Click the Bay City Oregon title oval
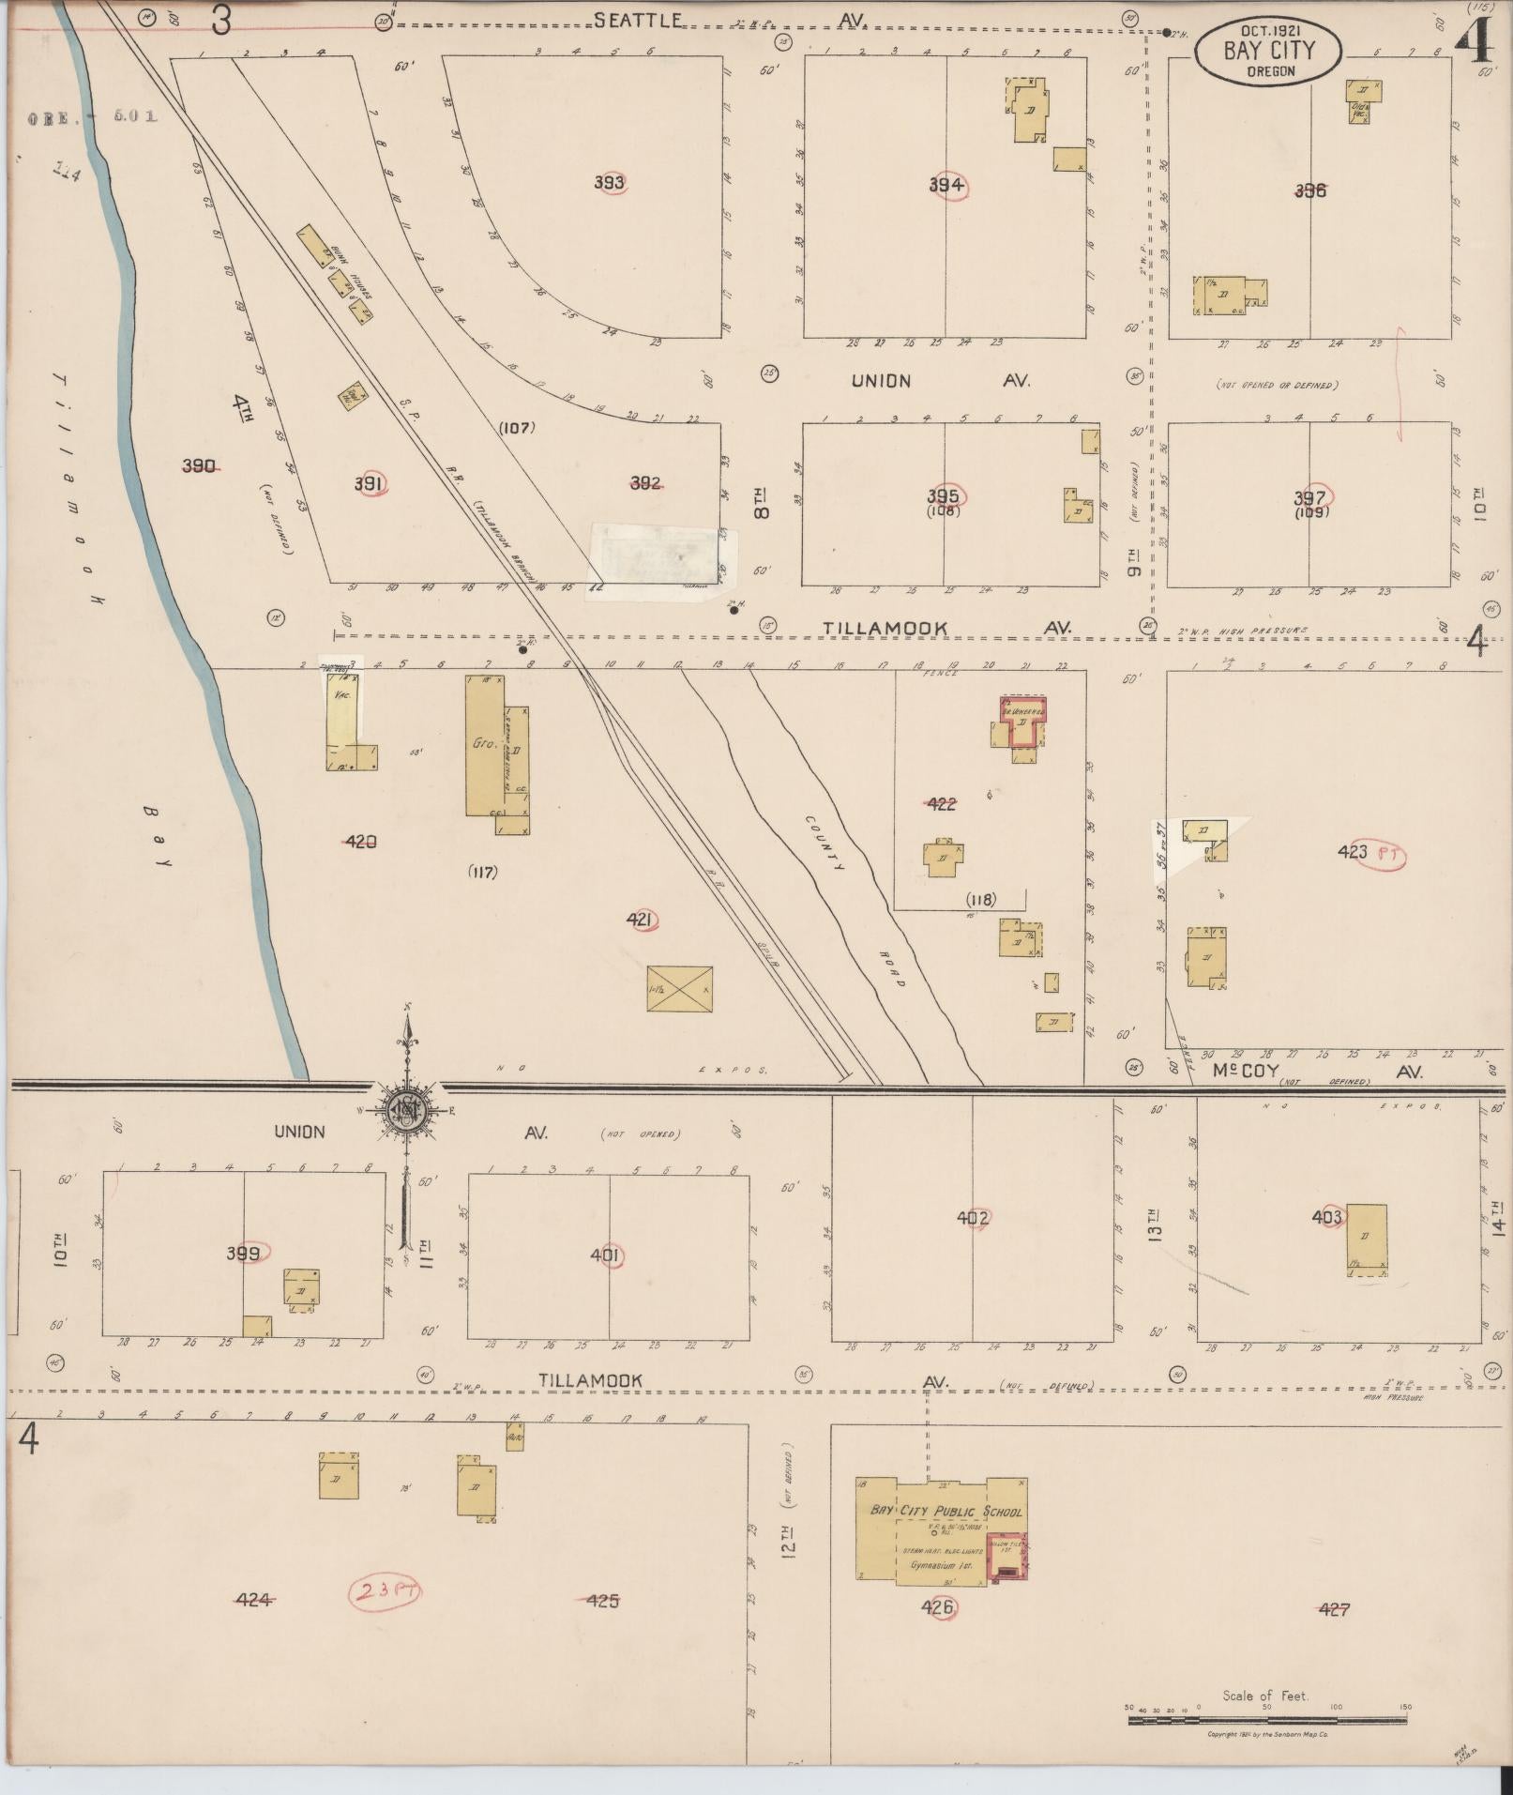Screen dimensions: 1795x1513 click(x=1268, y=52)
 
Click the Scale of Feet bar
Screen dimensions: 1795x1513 click(x=1266, y=1720)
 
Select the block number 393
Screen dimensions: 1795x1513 click(x=609, y=182)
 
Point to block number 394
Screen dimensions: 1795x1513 click(x=946, y=185)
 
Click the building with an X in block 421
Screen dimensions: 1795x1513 click(x=679, y=989)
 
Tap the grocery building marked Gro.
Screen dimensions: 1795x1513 click(x=484, y=746)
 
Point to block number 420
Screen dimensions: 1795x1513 click(x=361, y=842)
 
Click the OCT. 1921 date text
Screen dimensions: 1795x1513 click(x=1268, y=32)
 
